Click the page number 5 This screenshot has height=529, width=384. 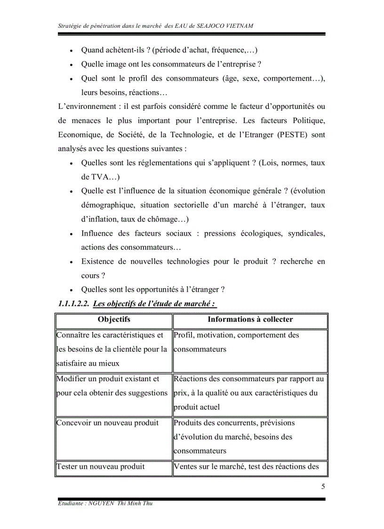[323, 487]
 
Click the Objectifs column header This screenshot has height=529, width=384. [114, 320]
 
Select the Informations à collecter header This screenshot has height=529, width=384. [250, 320]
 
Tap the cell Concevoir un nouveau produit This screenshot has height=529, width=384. [107, 423]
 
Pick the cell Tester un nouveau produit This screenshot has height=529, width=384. [100, 467]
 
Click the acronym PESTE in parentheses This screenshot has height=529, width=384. [292, 135]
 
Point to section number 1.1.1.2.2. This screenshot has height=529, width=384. [73, 304]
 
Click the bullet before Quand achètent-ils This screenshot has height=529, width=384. [71, 51]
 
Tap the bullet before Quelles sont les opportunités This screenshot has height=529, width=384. [71, 290]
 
